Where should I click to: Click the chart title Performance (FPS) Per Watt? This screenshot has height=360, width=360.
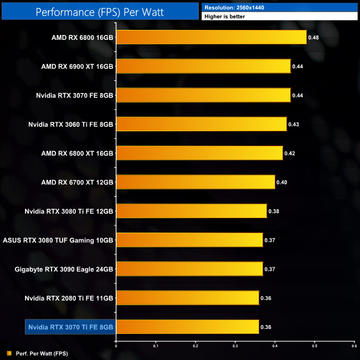100,11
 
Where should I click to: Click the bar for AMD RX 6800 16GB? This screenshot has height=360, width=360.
211,37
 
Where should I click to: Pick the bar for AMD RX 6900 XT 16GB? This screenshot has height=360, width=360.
203,66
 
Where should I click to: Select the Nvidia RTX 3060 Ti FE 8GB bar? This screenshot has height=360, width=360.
201,124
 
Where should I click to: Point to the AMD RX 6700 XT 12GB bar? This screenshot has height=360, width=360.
196,182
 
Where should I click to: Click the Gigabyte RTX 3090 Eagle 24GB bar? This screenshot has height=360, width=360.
189,269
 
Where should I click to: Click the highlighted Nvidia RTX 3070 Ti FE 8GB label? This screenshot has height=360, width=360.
70,327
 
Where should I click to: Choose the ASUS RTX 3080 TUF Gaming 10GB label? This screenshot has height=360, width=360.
58,240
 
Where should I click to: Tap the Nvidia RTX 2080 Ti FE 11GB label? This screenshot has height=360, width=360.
69,299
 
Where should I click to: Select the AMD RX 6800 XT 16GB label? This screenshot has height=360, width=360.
77,153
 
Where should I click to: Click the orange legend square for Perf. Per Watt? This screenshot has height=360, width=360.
8,353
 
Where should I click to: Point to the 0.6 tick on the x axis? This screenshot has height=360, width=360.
353,345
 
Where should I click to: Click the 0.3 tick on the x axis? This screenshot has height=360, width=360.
235,345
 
